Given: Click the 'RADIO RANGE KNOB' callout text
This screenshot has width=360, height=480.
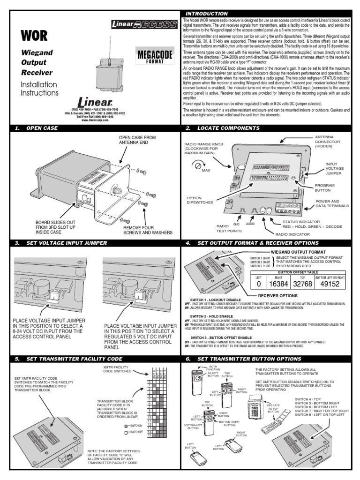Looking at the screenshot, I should click(x=205, y=151).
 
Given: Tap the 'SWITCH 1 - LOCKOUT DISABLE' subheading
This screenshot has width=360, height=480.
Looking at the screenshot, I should click(x=216, y=300).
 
